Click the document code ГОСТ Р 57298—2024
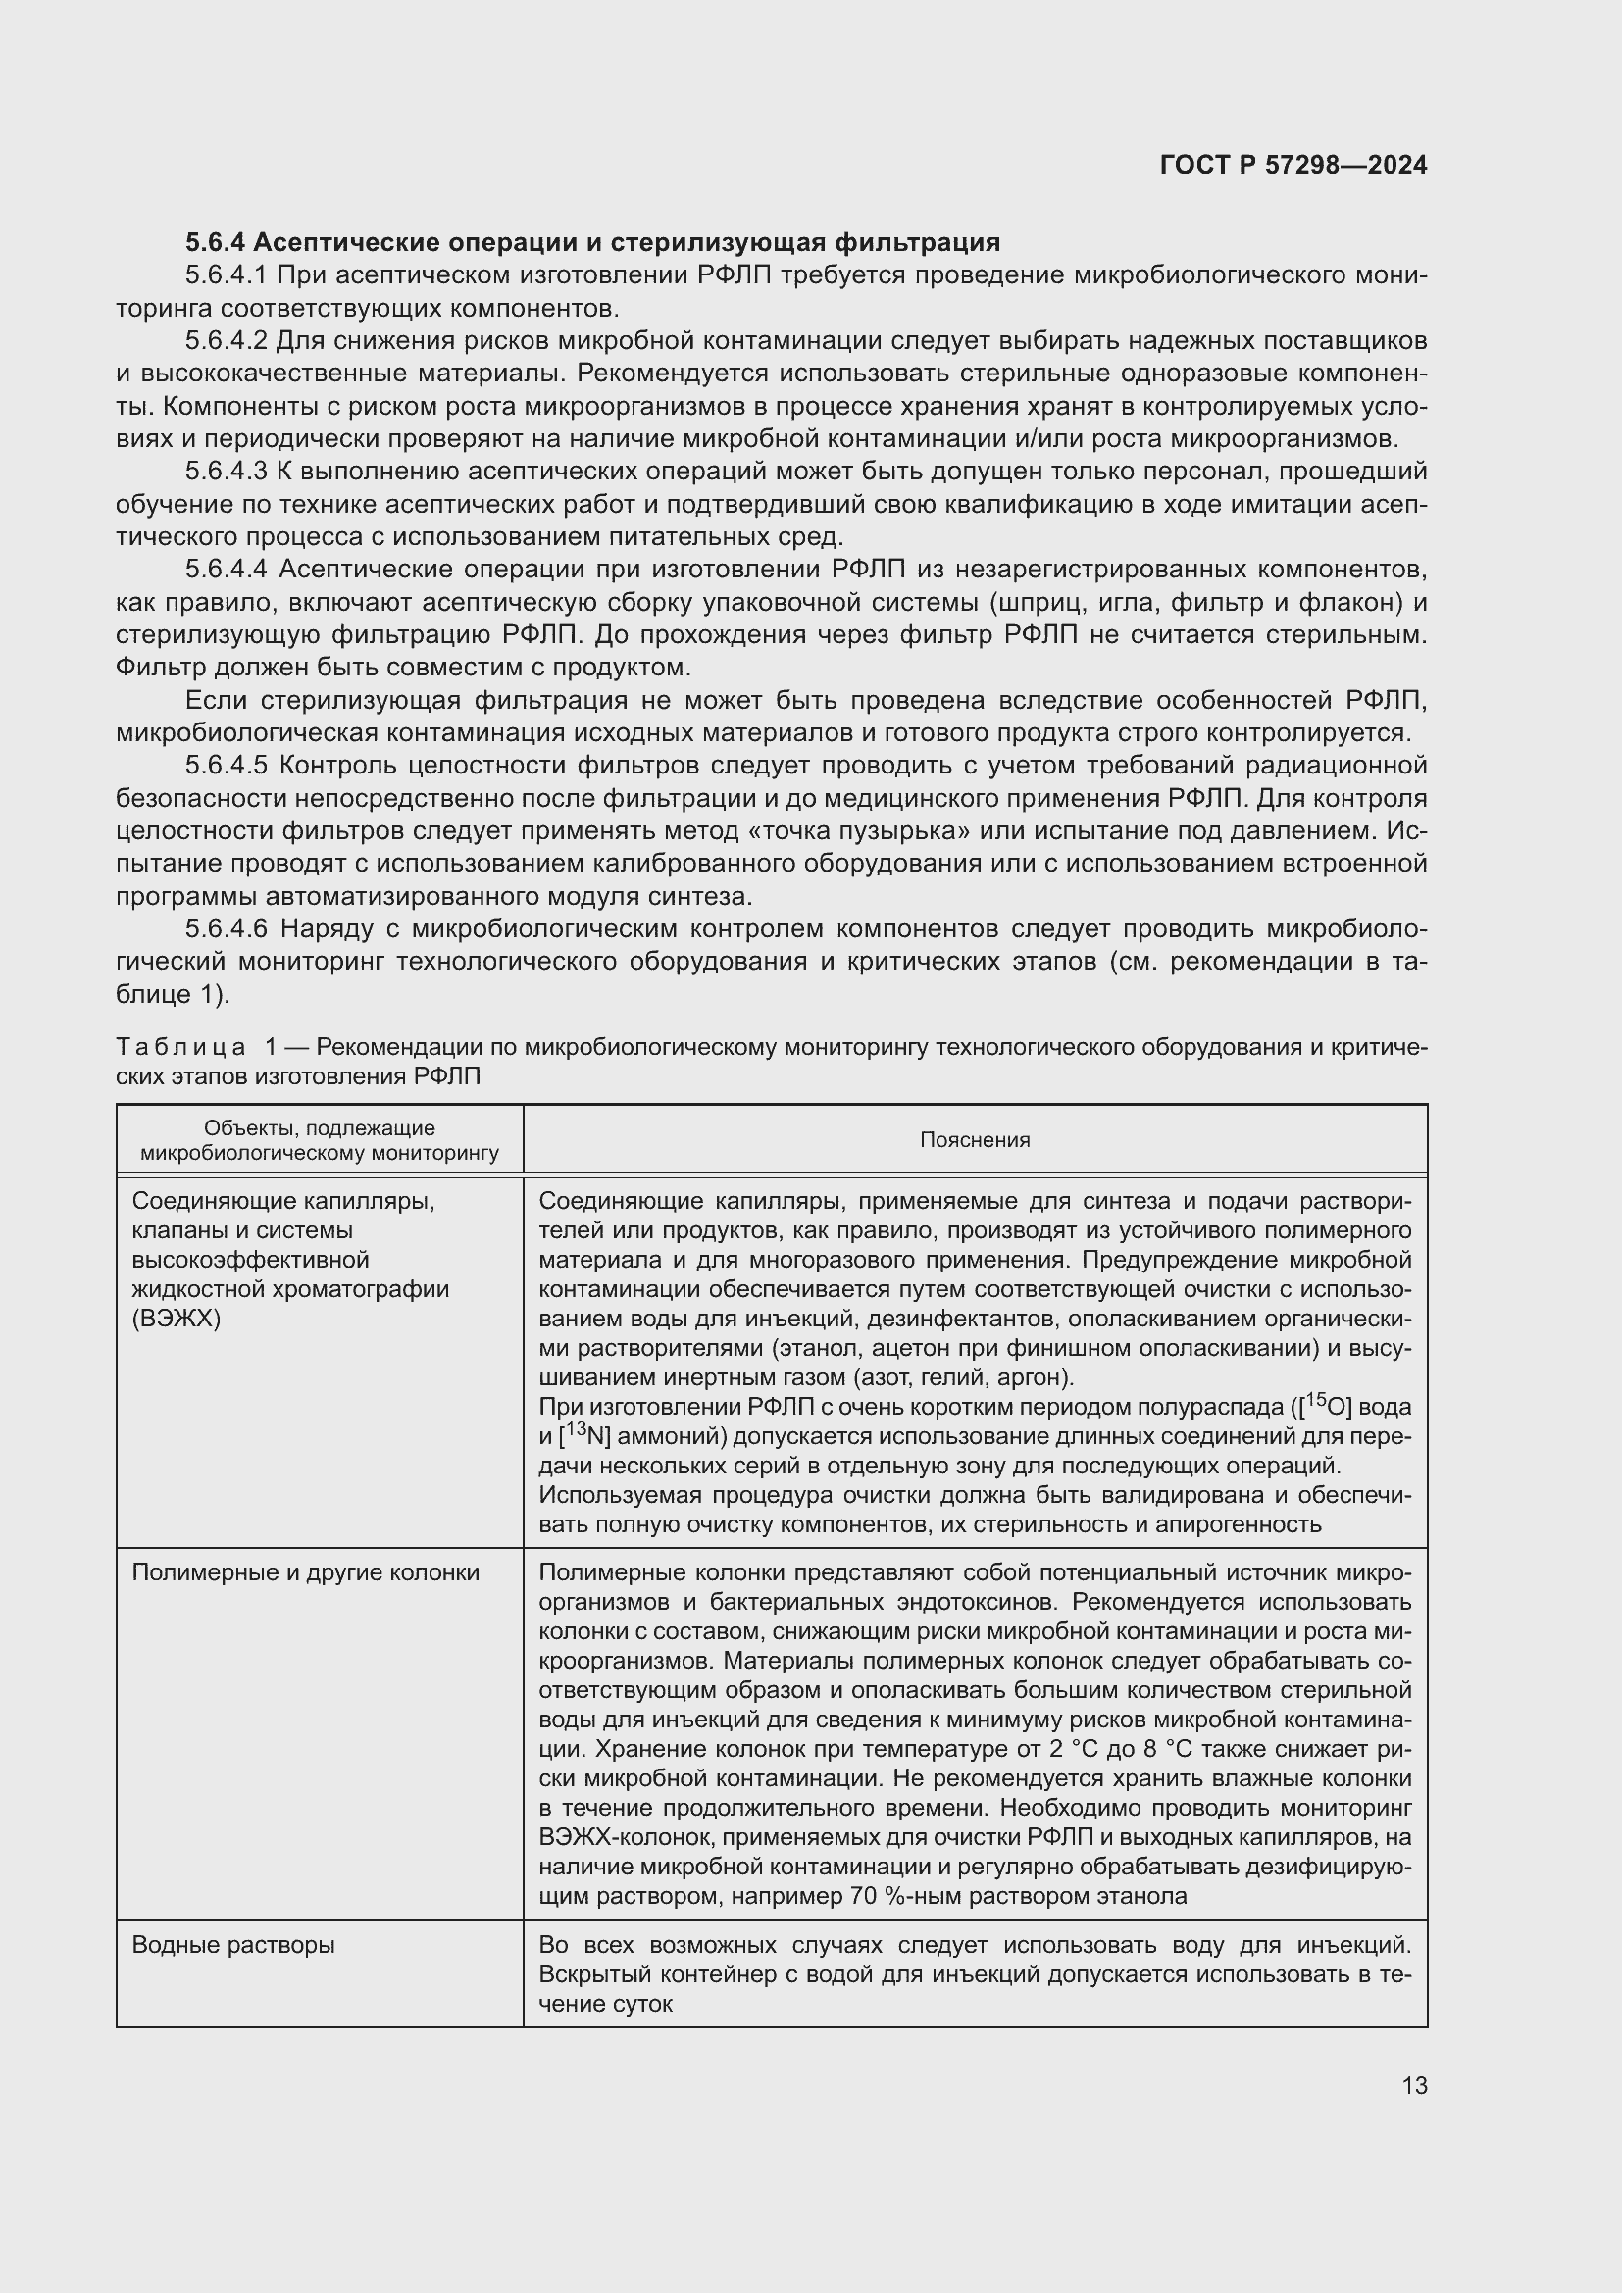pos(1293,165)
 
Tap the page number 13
pos(1414,2085)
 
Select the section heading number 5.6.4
pos(216,243)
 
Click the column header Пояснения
pos(975,1140)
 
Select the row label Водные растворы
pos(233,1944)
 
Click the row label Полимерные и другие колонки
pos(306,1572)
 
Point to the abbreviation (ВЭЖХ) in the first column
pos(176,1319)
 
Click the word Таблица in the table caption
pos(180,1048)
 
